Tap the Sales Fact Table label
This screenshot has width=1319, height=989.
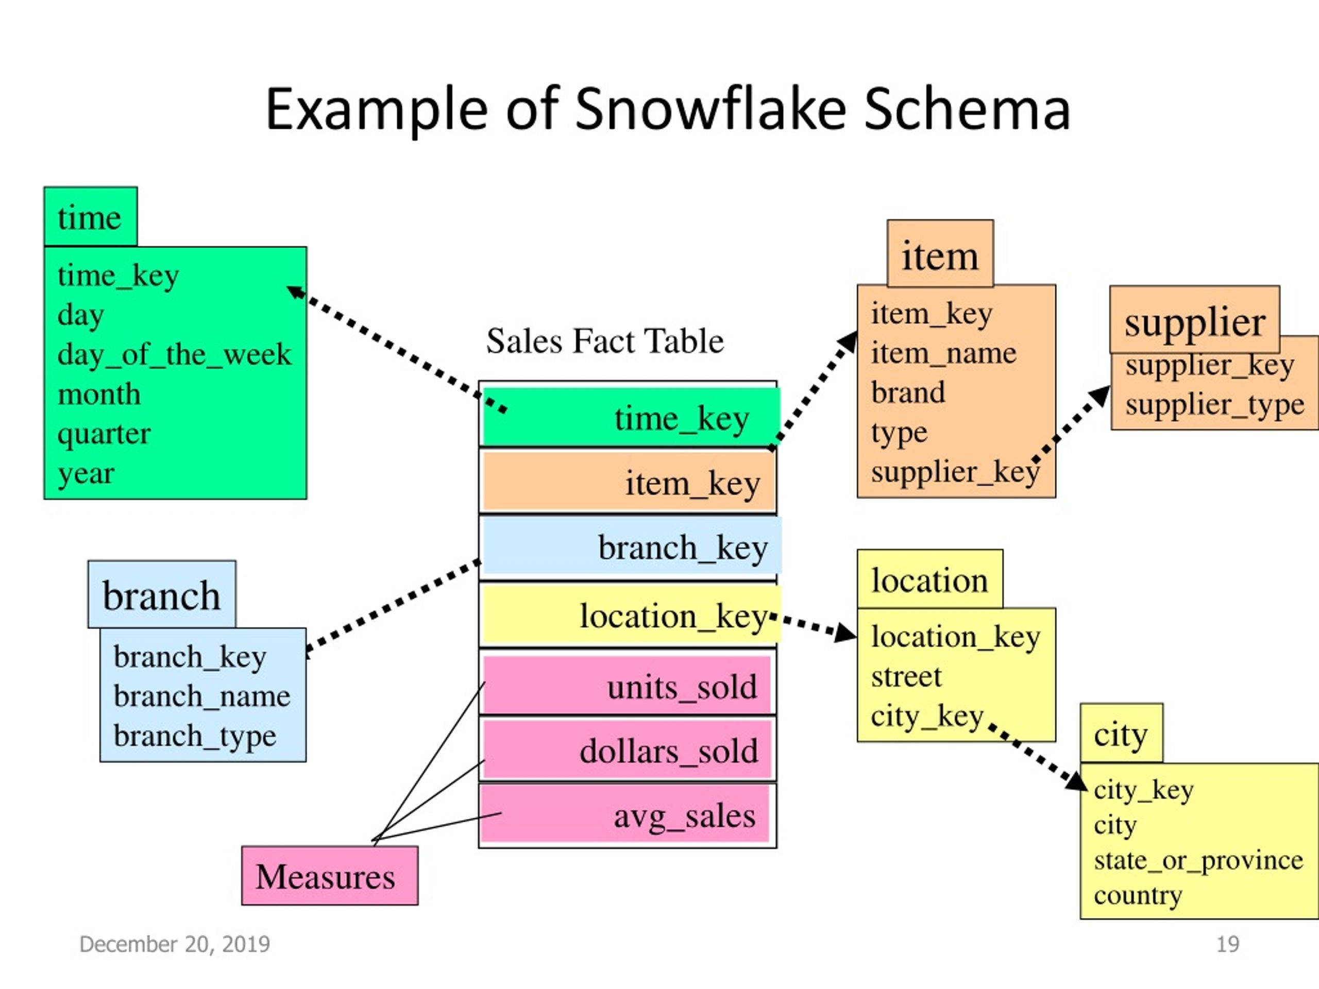[x=605, y=341]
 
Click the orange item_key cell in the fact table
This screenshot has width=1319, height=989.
[x=629, y=482]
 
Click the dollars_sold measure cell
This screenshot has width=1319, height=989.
[x=628, y=749]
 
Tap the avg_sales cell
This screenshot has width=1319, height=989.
[x=625, y=814]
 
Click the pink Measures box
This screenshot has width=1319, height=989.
[x=330, y=875]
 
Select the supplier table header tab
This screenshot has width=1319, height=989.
[x=1194, y=319]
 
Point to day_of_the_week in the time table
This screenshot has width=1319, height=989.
[x=174, y=355]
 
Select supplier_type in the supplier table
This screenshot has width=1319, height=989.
[x=1214, y=405]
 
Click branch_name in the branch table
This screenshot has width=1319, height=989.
[x=201, y=696]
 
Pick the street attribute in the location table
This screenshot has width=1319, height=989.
[x=906, y=677]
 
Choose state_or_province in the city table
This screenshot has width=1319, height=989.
[x=1198, y=860]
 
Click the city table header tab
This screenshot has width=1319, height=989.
[x=1121, y=734]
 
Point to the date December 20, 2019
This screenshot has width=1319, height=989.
[x=175, y=944]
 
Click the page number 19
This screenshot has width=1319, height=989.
[x=1228, y=944]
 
